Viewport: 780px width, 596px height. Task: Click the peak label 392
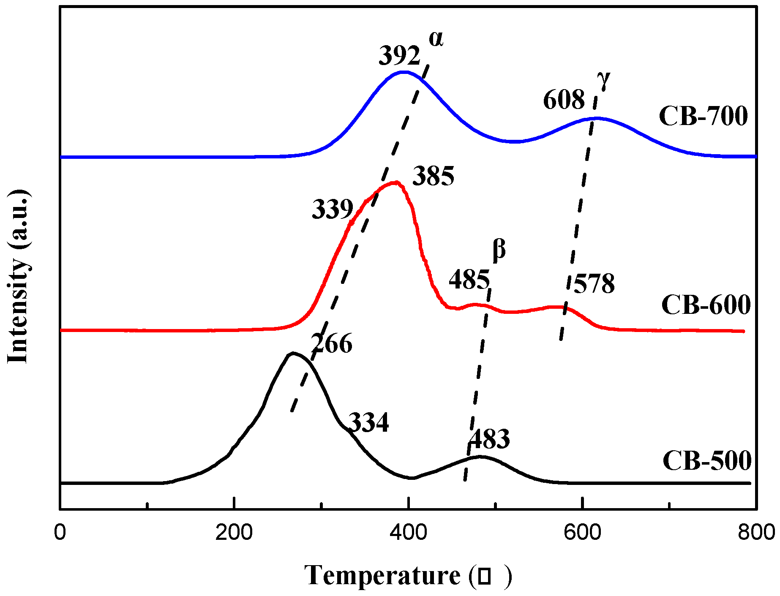pyautogui.click(x=399, y=56)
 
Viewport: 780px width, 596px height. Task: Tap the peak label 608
pyautogui.click(x=564, y=100)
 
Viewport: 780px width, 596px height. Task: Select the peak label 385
pyautogui.click(x=433, y=176)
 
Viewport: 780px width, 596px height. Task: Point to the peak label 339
pyautogui.click(x=333, y=209)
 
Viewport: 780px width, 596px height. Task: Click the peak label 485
pyautogui.click(x=469, y=280)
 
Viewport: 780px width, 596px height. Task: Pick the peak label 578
pyautogui.click(x=594, y=284)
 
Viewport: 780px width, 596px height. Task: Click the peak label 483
pyautogui.click(x=489, y=439)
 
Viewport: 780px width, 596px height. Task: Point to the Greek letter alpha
pyautogui.click(x=436, y=39)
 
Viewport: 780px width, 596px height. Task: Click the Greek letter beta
pyautogui.click(x=499, y=250)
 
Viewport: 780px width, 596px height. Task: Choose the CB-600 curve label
pyautogui.click(x=706, y=305)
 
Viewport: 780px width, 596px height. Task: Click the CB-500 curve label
pyautogui.click(x=707, y=461)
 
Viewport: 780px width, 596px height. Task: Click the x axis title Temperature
pyautogui.click(x=382, y=575)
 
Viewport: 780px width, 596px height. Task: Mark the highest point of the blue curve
pyautogui.click(x=404, y=72)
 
